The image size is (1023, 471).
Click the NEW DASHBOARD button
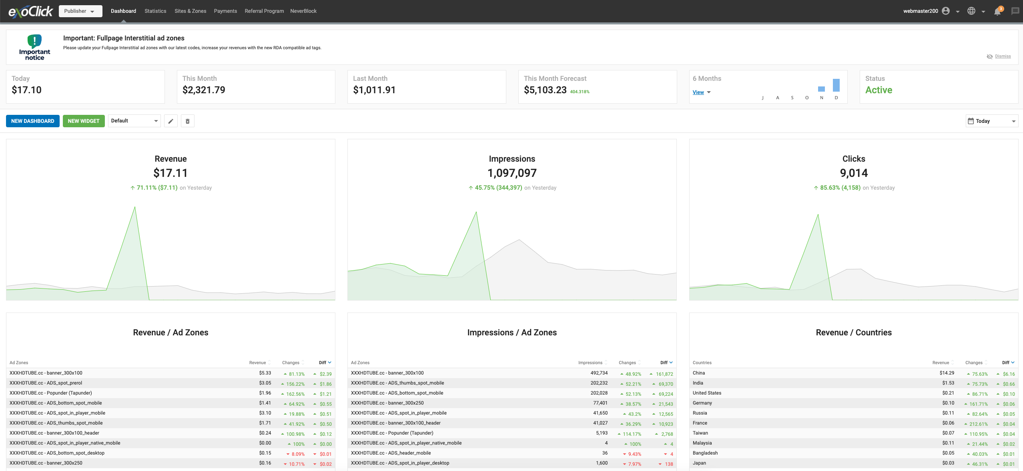[x=33, y=121]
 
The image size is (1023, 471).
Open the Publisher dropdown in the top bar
[x=80, y=11]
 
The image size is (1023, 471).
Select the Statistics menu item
[x=155, y=11]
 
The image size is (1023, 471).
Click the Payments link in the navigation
[x=225, y=11]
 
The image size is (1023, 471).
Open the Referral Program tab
[x=264, y=11]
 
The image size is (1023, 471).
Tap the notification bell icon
[x=997, y=11]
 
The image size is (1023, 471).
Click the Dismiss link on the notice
[x=1003, y=56]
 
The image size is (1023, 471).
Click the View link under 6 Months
[x=698, y=92]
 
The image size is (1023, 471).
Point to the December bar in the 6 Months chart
[x=836, y=85]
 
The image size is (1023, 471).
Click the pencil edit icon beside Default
[x=171, y=121]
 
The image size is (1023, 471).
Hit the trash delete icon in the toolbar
[x=188, y=121]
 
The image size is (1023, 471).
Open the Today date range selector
[x=992, y=121]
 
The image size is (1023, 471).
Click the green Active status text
[x=879, y=90]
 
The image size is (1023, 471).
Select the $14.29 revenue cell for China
[x=947, y=373]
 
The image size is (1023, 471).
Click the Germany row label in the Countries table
[x=702, y=403]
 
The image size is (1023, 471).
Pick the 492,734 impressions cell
[x=599, y=373]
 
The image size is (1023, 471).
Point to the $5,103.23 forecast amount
[x=545, y=90]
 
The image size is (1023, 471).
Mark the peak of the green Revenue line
[x=135, y=207]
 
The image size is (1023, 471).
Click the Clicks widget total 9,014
[x=854, y=173]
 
